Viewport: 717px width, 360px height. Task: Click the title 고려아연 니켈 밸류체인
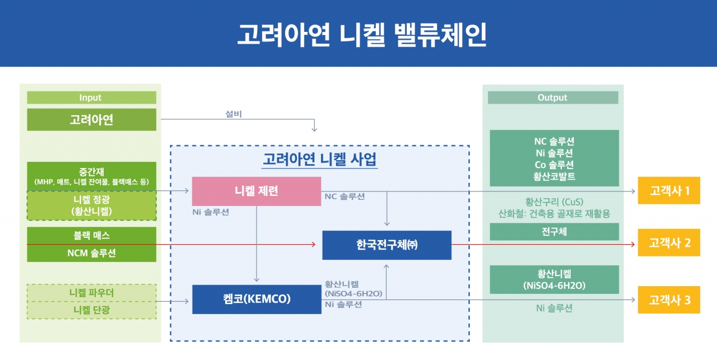coord(358,34)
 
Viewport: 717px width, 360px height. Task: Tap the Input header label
coord(91,97)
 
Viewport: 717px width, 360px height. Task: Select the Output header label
coord(552,97)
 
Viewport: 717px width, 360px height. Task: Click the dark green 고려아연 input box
coord(91,119)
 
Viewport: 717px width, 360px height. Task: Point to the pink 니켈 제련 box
coord(256,191)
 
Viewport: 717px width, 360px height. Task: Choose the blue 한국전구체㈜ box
coord(387,245)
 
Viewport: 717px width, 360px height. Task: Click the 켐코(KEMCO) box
coord(256,299)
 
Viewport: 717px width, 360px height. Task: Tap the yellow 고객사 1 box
coord(669,191)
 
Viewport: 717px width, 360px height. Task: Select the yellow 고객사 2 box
coord(669,243)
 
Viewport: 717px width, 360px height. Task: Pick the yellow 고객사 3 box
coord(669,300)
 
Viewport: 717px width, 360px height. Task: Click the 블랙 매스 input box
coord(91,236)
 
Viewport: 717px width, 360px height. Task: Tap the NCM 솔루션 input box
coord(91,253)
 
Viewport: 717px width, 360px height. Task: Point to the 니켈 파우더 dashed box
coord(91,292)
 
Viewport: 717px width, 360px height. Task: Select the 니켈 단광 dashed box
coord(91,309)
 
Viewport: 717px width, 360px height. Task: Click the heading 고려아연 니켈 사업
coord(320,160)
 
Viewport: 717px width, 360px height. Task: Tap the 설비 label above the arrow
coord(233,114)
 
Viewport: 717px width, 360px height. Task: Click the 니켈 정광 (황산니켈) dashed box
coord(91,205)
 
